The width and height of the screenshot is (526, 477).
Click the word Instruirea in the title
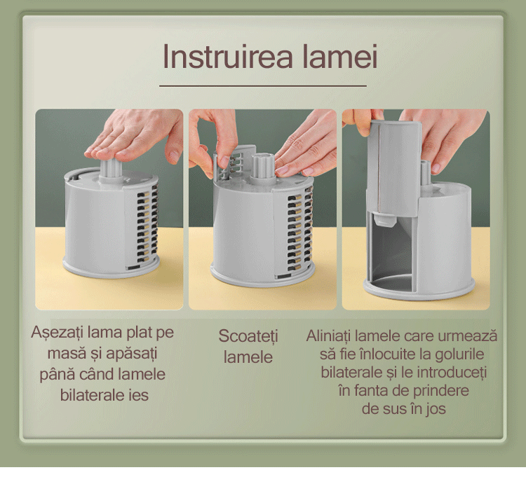pos(228,57)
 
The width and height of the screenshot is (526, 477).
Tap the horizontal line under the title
pos(263,86)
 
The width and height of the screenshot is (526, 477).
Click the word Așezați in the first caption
pos(57,333)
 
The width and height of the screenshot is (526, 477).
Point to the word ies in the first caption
pos(138,395)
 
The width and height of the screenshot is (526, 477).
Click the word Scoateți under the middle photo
pos(248,336)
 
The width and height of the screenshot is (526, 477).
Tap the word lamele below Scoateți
pos(248,357)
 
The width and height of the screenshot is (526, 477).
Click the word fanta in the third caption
pos(372,391)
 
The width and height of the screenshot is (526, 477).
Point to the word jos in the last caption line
pos(436,409)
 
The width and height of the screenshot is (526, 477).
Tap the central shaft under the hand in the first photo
pos(111,169)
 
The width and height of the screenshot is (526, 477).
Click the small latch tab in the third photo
pos(384,219)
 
